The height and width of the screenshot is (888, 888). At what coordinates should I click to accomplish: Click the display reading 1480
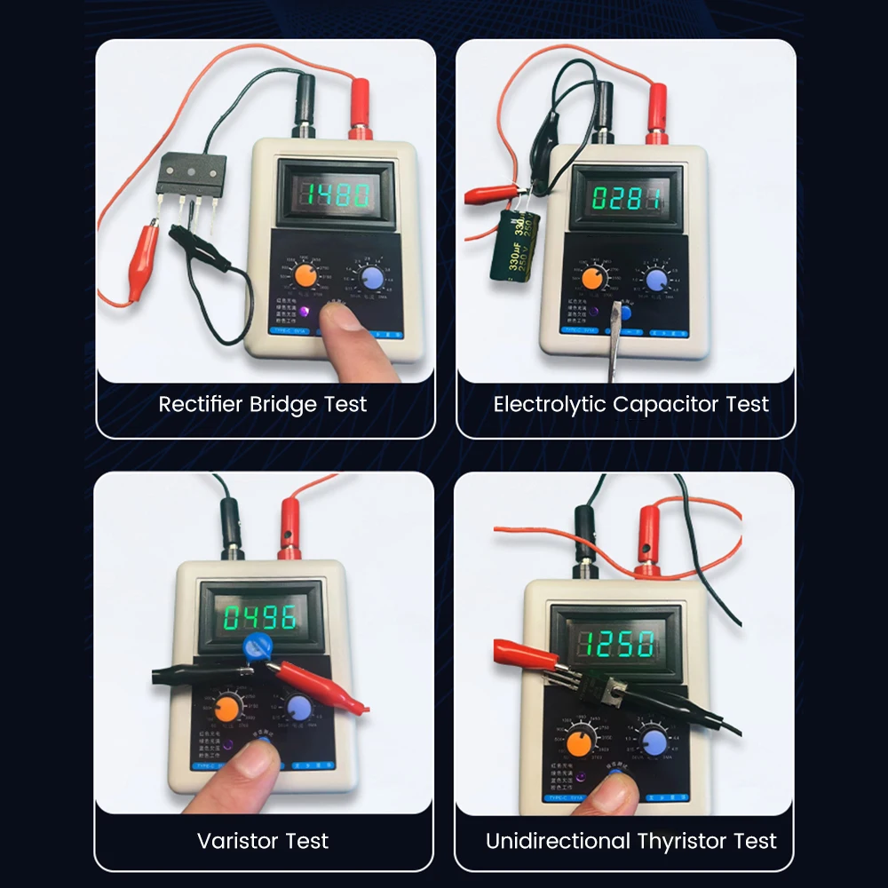pyautogui.click(x=324, y=194)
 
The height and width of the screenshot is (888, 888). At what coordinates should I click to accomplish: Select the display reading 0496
pyautogui.click(x=260, y=617)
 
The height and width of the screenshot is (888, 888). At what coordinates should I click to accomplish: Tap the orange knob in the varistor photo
pyautogui.click(x=227, y=708)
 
